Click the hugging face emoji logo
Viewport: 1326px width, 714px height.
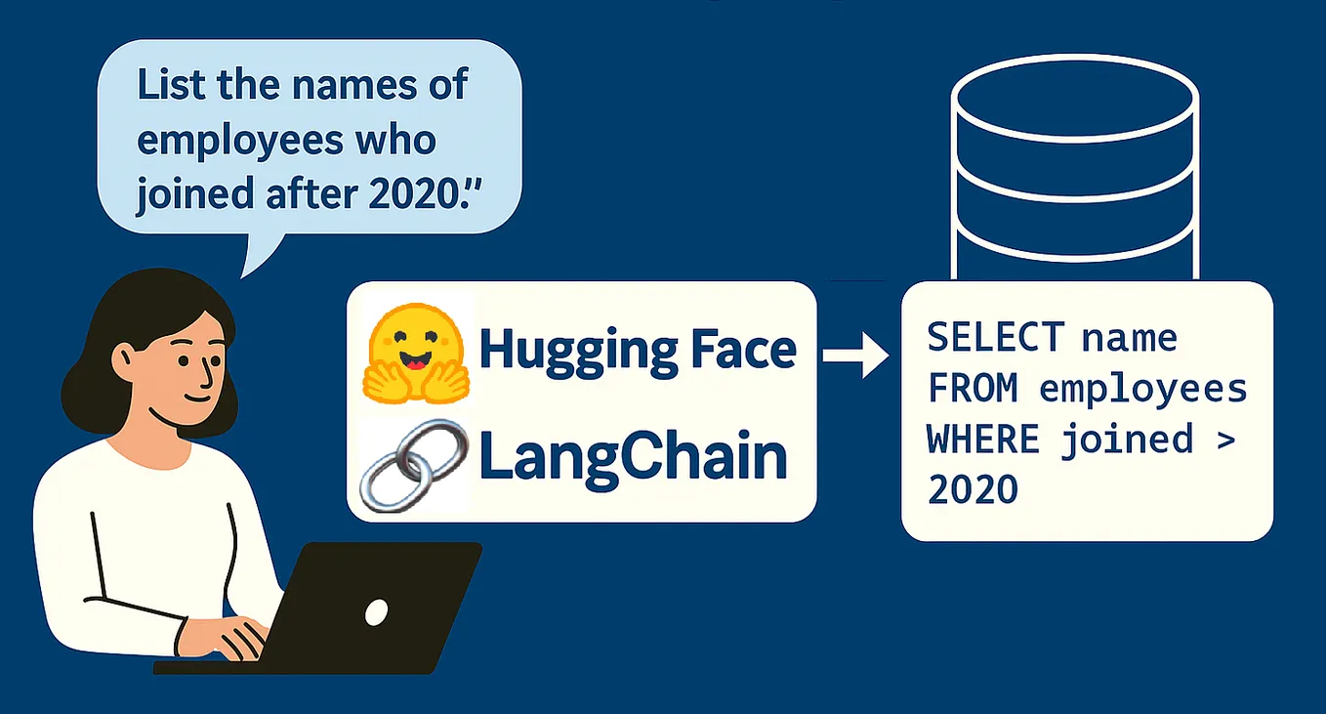click(414, 353)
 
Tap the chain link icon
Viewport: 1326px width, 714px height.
click(409, 464)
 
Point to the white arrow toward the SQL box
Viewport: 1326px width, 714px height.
click(855, 357)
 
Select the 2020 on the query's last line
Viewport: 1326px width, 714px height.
click(974, 489)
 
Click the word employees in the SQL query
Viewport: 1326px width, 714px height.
click(1143, 389)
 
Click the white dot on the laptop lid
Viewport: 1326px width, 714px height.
click(376, 612)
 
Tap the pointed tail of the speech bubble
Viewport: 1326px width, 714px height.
click(250, 259)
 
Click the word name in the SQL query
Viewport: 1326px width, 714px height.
click(1130, 338)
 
